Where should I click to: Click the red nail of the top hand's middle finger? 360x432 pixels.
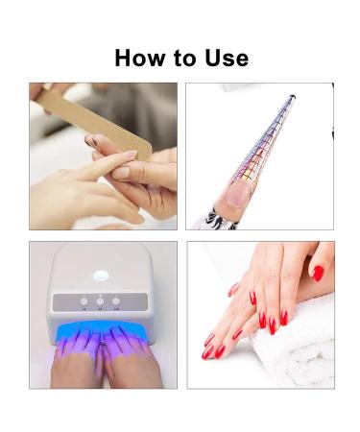pos(284,316)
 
